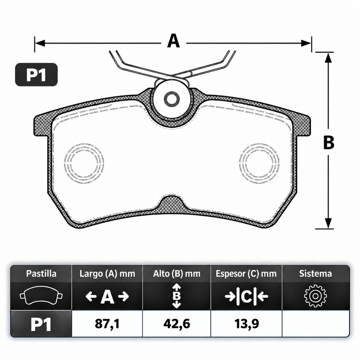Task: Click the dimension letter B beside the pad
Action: [329, 142]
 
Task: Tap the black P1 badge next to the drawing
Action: [36, 75]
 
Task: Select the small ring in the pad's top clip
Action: [171, 99]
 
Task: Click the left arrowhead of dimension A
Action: [40, 43]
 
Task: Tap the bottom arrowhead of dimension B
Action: [329, 223]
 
